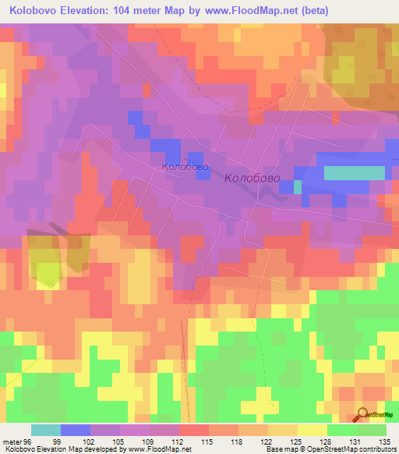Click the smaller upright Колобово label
click(185, 166)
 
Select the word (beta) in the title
click(310, 11)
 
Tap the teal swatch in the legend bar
click(46, 430)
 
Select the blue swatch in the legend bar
click(76, 430)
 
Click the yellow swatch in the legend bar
click(312, 430)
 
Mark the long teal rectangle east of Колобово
click(354, 172)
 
